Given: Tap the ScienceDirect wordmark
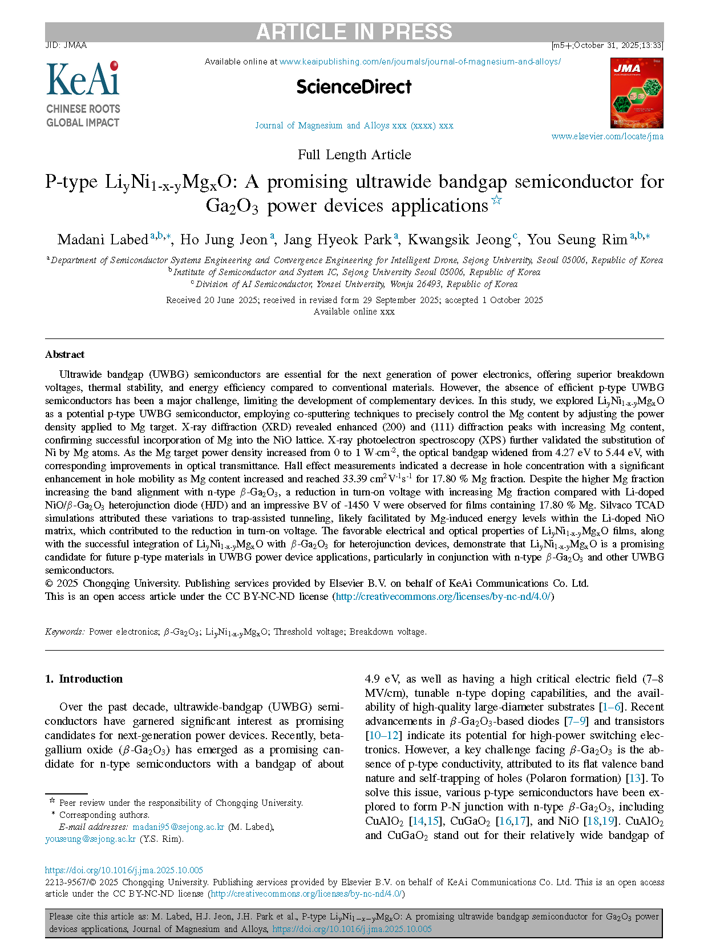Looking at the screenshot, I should (354, 87).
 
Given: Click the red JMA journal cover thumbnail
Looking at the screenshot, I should (637, 93).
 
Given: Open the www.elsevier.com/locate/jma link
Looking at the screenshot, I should (607, 136).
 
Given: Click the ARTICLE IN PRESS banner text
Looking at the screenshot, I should (354, 32).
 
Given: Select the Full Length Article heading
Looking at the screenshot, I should (354, 155).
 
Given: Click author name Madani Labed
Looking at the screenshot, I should (103, 240).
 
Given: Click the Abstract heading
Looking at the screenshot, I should (64, 354).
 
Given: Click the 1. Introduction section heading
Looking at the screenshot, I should (84, 679).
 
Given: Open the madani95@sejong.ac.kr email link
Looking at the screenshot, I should (178, 827).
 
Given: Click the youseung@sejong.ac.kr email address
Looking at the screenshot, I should (90, 839).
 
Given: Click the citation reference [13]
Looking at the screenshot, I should (634, 778).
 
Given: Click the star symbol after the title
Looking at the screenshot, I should (496, 200).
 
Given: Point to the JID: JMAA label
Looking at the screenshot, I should (66, 45).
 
